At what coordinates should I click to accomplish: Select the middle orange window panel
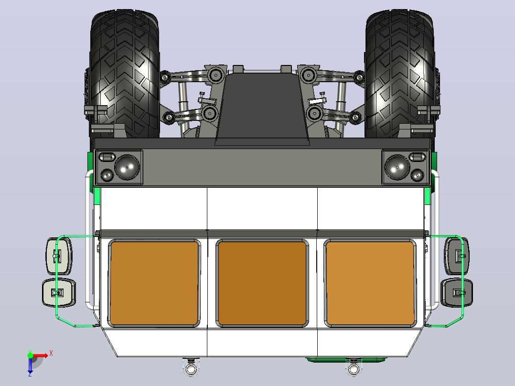click(262, 283)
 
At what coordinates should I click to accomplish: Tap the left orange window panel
click(154, 283)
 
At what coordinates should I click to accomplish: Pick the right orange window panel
click(370, 283)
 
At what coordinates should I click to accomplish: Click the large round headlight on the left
click(127, 167)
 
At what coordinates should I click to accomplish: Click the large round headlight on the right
click(397, 167)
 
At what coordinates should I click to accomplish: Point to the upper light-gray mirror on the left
click(59, 256)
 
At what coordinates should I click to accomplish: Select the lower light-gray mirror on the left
click(59, 292)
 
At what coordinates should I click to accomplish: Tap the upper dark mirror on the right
click(457, 256)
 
